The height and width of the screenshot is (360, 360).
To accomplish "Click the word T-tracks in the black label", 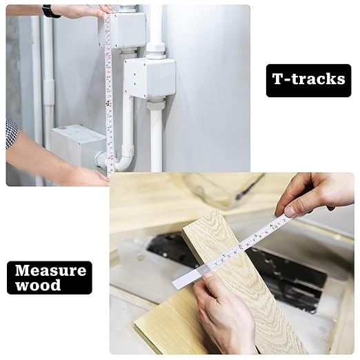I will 308,79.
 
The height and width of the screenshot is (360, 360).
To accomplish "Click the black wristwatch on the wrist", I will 50,11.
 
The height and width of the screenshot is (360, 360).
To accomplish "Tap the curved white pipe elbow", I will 123,161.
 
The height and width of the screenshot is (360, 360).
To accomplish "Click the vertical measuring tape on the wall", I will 109,97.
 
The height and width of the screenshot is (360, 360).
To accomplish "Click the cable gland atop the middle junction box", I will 155,51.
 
